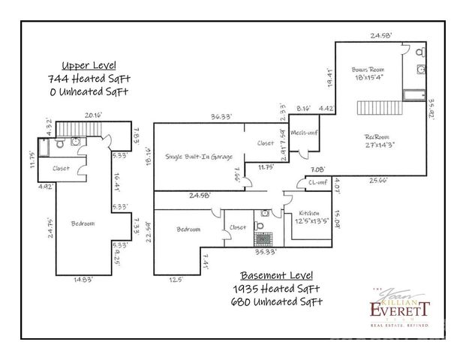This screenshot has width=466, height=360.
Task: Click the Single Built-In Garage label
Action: [x=198, y=157]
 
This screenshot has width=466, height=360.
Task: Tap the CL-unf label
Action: [x=317, y=182]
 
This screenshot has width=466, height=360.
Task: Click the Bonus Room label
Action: [x=369, y=69]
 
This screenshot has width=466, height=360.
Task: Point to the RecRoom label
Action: [x=380, y=136]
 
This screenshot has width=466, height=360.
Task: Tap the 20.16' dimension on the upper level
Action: [x=94, y=116]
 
